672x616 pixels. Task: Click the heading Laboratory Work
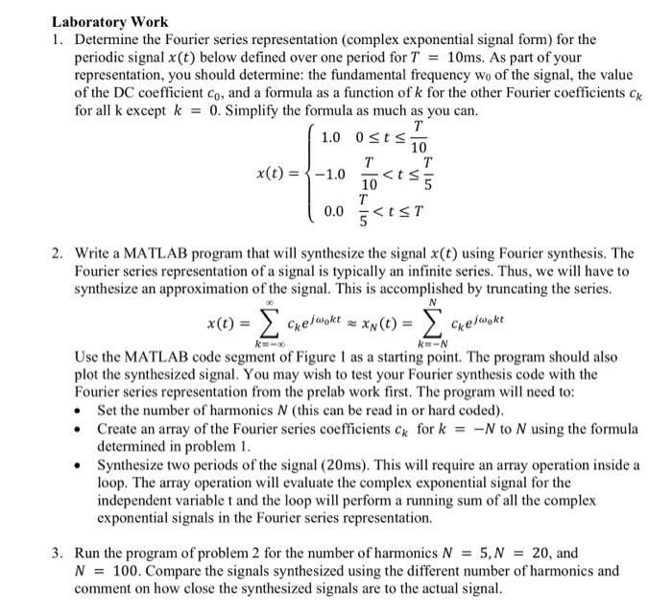click(109, 21)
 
